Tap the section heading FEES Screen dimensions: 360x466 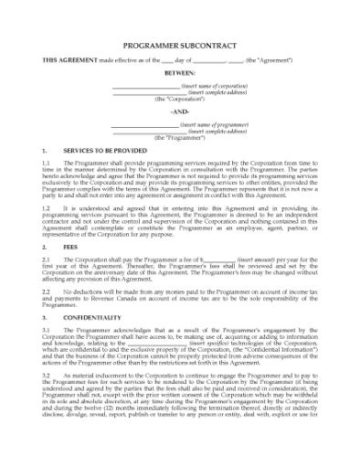click(71, 247)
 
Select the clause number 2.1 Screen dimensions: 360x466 click(46, 259)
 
